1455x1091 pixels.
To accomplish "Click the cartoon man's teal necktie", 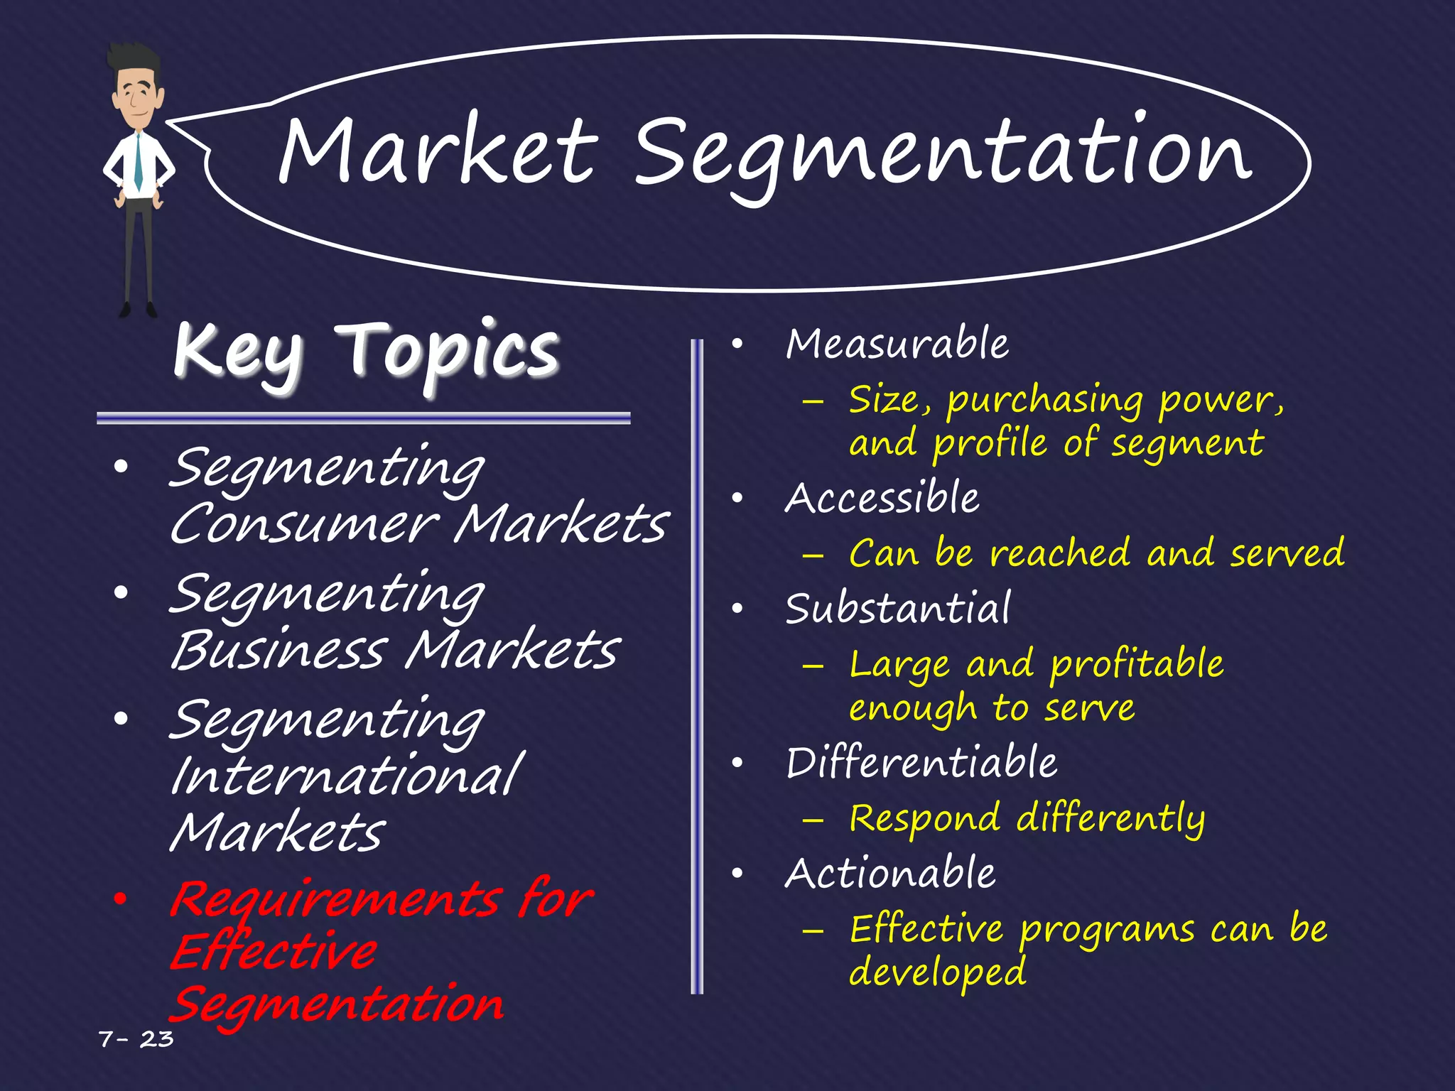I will (138, 163).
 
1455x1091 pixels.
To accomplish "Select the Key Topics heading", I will (366, 351).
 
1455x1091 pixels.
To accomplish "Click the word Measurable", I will (897, 344).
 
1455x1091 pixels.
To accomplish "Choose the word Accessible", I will (882, 498).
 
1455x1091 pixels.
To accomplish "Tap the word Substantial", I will (897, 609).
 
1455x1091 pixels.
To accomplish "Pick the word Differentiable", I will (921, 763).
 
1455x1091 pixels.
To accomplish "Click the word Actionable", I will (890, 873).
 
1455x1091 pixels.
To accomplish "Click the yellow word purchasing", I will (1045, 401).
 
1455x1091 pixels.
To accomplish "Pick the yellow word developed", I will (938, 972).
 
